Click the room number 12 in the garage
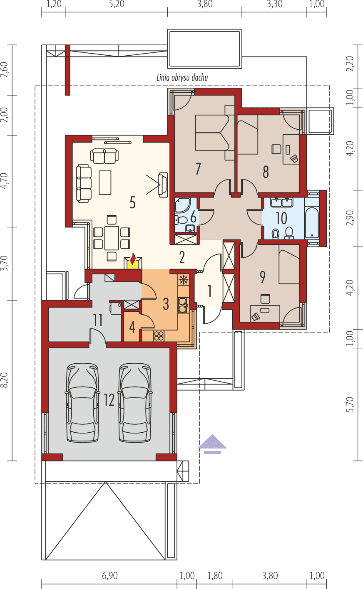pos(109,400)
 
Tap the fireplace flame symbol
pos(133,260)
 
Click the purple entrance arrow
pos(212,443)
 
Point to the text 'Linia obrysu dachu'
pos(182,77)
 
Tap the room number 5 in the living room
pos(132,203)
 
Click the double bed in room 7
pos(211,133)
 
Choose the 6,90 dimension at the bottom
pos(109,576)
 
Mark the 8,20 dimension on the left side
pos(5,381)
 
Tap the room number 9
pos(262,277)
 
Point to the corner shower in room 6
pos(182,205)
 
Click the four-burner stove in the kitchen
pos(159,335)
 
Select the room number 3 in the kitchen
pos(166,304)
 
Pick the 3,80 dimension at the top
pos(204,5)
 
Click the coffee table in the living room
pos(105,182)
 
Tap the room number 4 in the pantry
pos(132,327)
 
